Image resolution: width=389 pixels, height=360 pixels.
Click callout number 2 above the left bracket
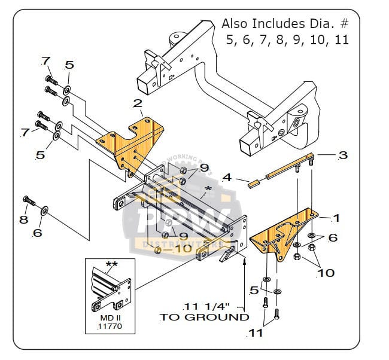138,104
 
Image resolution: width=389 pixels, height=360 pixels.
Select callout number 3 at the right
342,155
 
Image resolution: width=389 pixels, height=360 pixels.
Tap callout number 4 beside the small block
227,178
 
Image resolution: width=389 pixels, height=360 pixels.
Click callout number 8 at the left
23,219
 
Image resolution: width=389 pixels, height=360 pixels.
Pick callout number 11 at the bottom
256,332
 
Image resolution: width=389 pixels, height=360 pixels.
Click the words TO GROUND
204,317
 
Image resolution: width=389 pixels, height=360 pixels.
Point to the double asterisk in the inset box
111,264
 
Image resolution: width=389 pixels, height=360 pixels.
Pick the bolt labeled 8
29,201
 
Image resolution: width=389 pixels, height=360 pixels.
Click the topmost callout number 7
46,61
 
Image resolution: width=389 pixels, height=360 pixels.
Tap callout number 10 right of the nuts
326,273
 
